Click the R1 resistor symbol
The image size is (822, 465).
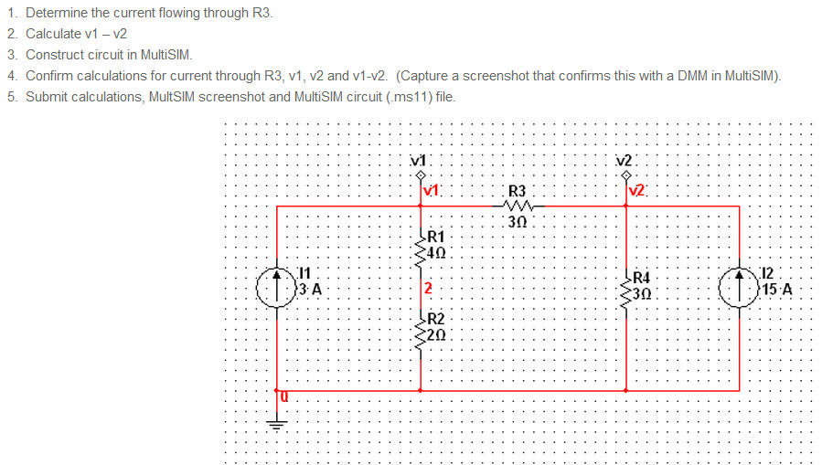pyautogui.click(x=421, y=246)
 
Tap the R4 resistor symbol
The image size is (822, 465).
pyautogui.click(x=626, y=286)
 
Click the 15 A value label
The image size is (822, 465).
pyautogui.click(x=779, y=291)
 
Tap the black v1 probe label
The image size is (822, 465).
pyautogui.click(x=420, y=162)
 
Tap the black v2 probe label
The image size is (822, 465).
pyautogui.click(x=625, y=162)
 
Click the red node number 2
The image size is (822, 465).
pyautogui.click(x=428, y=290)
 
